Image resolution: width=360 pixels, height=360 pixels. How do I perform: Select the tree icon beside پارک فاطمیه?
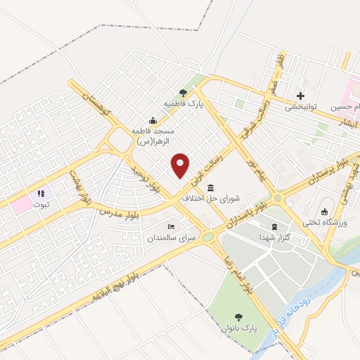(x=184, y=92)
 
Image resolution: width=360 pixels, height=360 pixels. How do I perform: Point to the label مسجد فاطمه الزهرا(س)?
(x=154, y=136)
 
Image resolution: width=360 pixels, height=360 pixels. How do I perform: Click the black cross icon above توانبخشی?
(x=301, y=96)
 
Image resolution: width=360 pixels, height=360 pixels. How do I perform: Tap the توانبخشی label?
(x=301, y=108)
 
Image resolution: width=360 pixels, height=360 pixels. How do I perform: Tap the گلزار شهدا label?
(x=274, y=238)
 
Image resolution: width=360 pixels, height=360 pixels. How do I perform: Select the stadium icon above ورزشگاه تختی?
(x=323, y=212)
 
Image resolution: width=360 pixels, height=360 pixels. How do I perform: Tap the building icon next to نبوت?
(x=41, y=193)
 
